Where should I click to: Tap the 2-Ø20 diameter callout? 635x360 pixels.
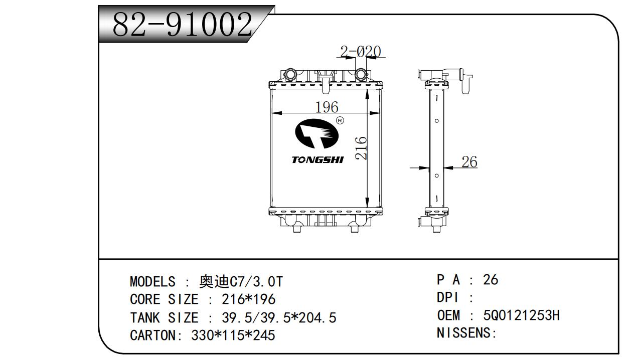pos(360,52)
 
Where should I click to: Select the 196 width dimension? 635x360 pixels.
pos(327,107)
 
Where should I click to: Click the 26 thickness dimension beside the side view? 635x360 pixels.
pos(469,162)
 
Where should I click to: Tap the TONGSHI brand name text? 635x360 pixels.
pos(318,160)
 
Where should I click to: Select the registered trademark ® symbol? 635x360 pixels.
pos(339,121)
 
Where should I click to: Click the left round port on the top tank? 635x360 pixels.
pos(290,75)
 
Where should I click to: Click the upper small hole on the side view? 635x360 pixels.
pos(437,121)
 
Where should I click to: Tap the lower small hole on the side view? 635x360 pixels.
pos(437,175)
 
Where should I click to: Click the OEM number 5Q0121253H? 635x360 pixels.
pos(521,315)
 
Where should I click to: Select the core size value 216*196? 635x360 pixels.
pos(248,299)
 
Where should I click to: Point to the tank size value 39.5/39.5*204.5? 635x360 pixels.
pos(278,317)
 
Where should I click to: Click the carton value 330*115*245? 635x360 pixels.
pos(233,335)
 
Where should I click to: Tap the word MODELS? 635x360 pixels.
pos(152,281)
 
